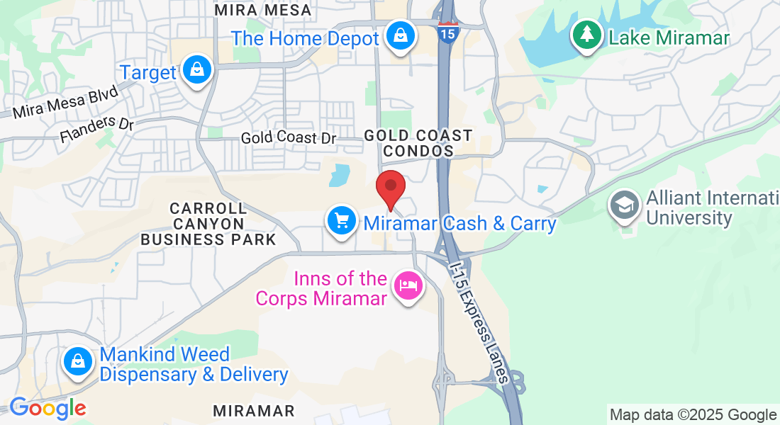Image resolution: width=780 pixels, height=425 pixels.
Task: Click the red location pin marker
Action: (x=390, y=188)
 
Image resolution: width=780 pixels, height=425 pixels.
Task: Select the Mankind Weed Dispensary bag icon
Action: (x=77, y=362)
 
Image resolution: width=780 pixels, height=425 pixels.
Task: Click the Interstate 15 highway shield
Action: (x=447, y=33)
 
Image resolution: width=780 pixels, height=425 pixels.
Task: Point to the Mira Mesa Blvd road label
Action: (x=66, y=103)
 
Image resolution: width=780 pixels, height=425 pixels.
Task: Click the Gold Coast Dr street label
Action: (x=288, y=137)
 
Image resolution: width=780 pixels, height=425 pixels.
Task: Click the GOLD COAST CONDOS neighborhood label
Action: (x=418, y=143)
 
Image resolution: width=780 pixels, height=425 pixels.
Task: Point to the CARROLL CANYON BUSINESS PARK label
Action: (x=208, y=224)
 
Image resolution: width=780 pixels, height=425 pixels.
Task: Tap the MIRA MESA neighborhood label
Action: (x=263, y=10)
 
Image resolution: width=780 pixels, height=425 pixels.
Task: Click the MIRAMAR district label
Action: (x=254, y=411)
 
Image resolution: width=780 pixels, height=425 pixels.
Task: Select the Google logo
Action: (x=48, y=408)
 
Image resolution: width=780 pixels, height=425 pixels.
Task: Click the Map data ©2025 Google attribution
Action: (x=693, y=414)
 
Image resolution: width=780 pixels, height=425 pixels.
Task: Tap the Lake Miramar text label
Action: (x=669, y=38)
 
